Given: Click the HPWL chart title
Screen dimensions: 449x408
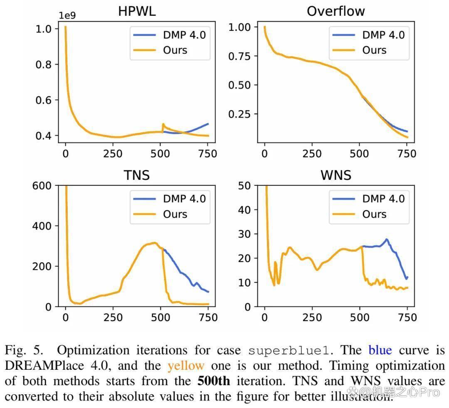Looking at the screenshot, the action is [x=137, y=12].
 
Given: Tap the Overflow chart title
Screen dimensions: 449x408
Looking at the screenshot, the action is [x=336, y=12].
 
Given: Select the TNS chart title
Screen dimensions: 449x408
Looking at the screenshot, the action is [x=137, y=175].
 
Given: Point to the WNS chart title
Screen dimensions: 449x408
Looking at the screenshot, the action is [x=336, y=175].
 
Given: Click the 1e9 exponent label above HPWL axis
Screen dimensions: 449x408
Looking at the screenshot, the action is [x=67, y=15].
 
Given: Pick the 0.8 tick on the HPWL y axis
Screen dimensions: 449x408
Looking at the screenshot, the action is [x=43, y=65].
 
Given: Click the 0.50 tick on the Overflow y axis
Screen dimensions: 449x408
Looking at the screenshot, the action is [x=239, y=85].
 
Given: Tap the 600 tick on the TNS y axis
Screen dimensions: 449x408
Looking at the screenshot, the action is [x=42, y=186].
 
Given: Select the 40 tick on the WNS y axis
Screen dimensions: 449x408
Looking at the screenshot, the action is [x=244, y=210].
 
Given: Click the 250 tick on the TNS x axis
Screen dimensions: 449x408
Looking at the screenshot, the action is [x=113, y=317].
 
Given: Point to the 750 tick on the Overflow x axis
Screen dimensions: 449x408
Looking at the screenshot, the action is [x=407, y=154].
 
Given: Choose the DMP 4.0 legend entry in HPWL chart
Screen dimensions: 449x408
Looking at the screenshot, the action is [x=170, y=35].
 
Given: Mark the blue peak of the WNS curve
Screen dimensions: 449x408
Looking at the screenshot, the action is [x=387, y=239].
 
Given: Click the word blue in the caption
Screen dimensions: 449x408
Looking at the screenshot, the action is [x=380, y=350].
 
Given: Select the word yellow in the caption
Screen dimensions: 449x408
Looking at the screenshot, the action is [x=186, y=366].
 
